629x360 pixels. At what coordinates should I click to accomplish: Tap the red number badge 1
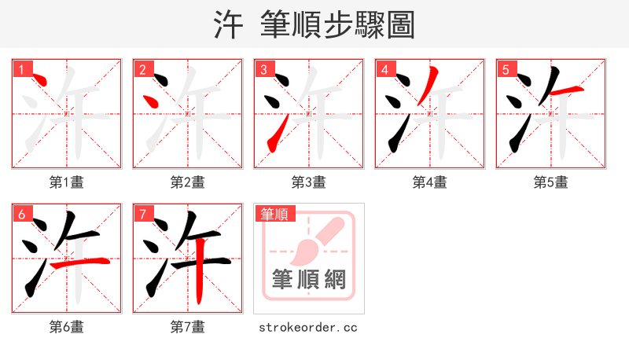(21, 69)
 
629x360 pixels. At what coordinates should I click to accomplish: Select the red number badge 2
(142, 69)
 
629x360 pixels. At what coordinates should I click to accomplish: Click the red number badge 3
(263, 69)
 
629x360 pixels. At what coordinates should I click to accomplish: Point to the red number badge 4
(384, 69)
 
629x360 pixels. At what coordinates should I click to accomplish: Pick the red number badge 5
(506, 69)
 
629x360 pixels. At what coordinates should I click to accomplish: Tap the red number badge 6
(21, 214)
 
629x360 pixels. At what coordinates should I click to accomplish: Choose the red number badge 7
(142, 214)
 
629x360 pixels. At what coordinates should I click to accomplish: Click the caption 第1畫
(67, 182)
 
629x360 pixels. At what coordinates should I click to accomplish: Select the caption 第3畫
(309, 182)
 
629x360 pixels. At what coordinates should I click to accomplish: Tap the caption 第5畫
(551, 182)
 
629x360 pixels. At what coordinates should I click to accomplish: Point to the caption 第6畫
(67, 327)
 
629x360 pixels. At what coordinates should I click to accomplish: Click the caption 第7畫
(188, 327)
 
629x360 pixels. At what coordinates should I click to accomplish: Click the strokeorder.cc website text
(308, 327)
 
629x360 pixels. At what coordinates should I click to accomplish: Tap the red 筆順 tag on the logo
(274, 214)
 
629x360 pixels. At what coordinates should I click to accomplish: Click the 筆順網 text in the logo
(308, 279)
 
